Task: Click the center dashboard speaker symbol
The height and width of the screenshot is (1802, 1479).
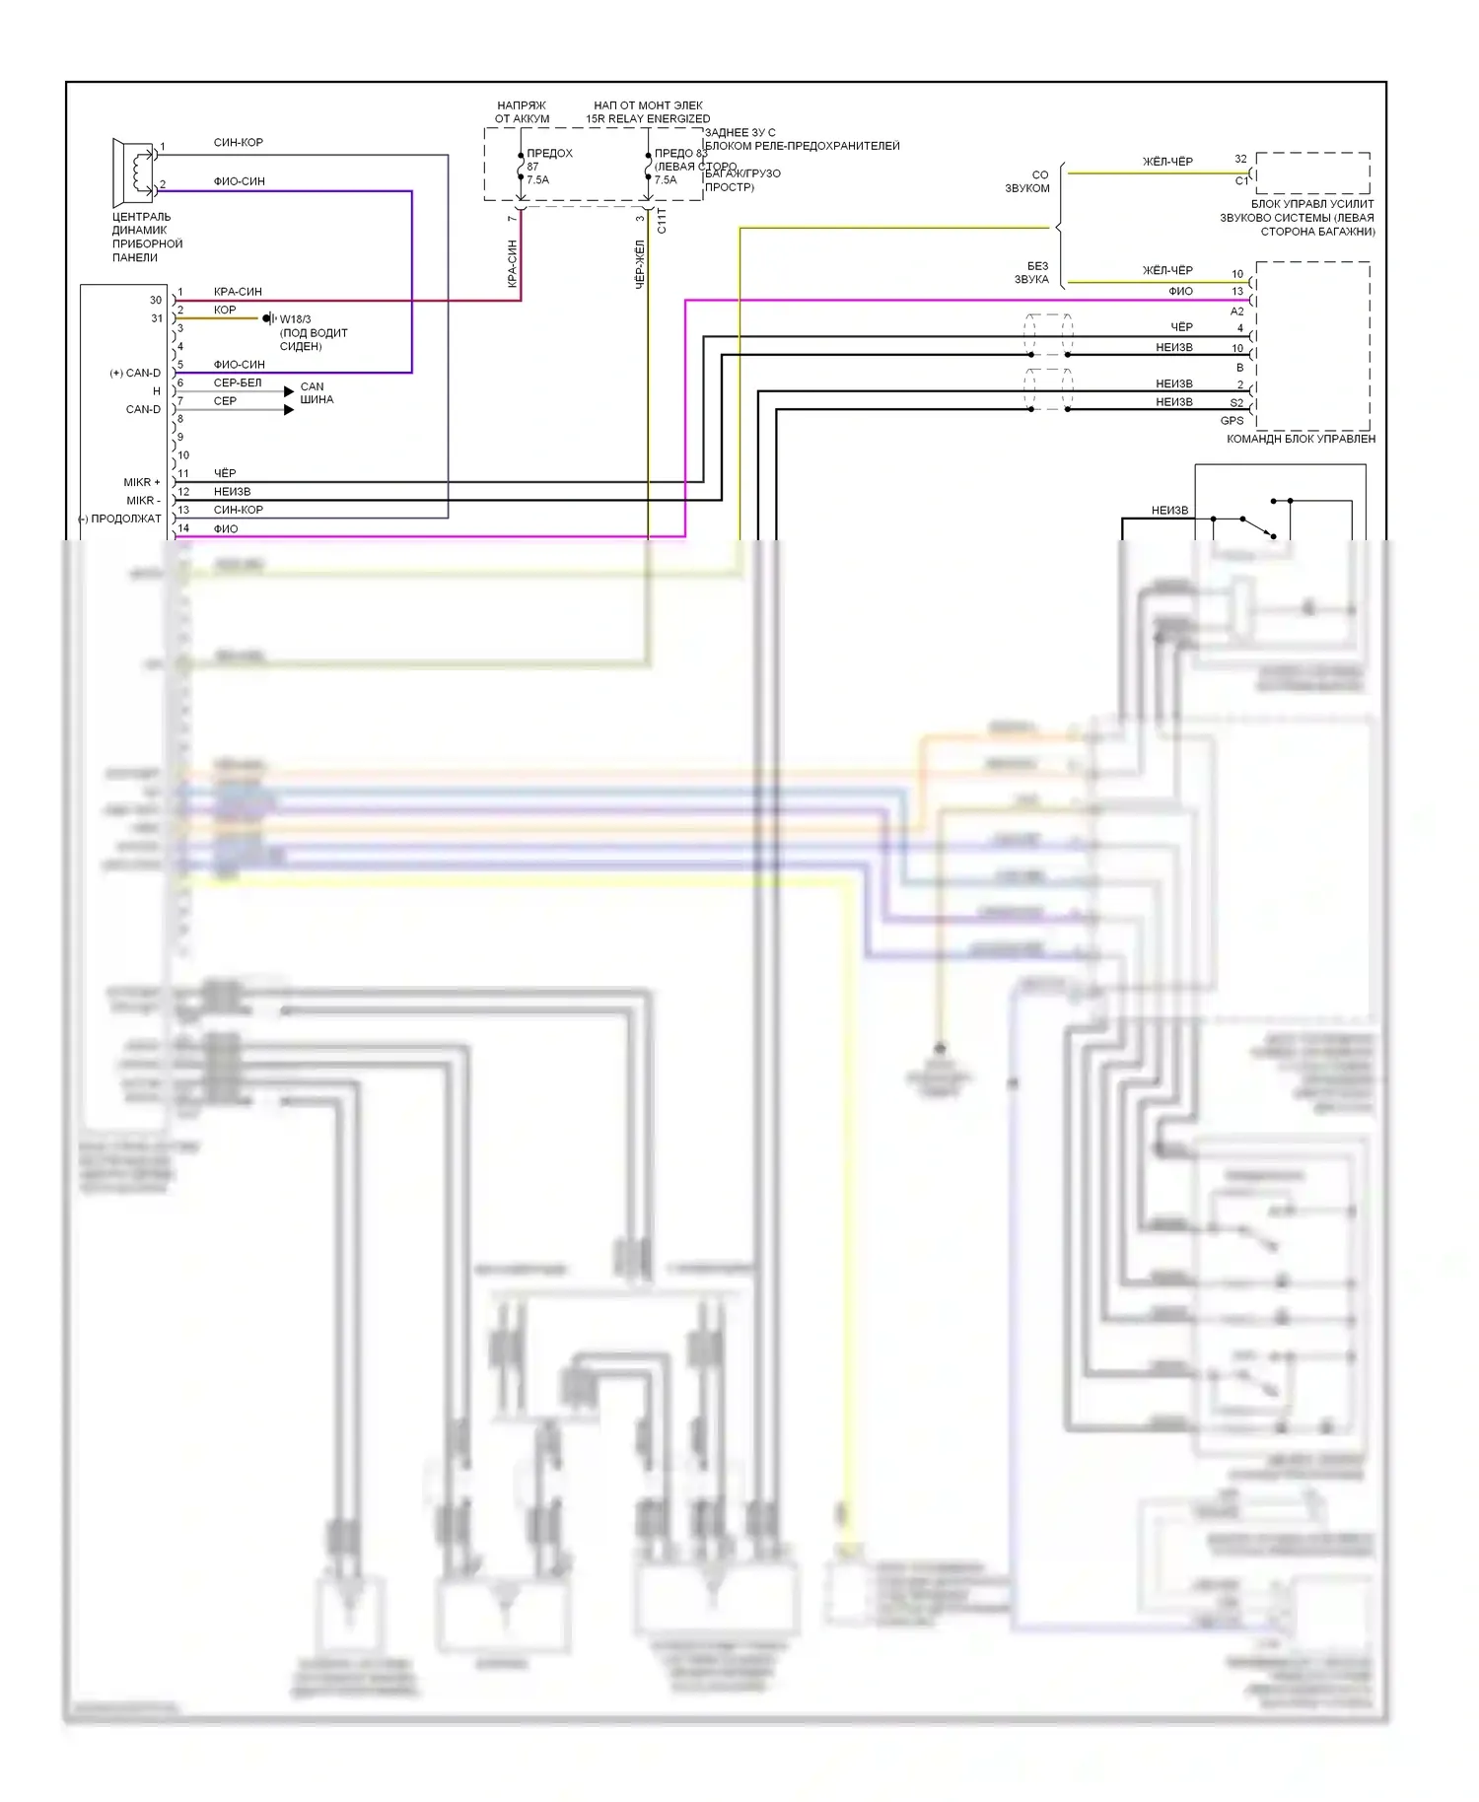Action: click(x=134, y=171)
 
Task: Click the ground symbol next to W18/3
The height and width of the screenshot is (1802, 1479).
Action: click(x=268, y=318)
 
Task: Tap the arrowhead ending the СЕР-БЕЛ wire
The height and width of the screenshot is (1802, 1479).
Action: click(x=289, y=391)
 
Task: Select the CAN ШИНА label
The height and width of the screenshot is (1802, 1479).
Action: click(x=317, y=393)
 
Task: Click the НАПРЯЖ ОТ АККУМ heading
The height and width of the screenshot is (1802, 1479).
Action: click(x=522, y=112)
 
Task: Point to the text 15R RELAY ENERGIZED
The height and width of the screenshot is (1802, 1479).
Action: click(x=648, y=119)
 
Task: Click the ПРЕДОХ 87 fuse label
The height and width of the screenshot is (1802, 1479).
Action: click(x=549, y=160)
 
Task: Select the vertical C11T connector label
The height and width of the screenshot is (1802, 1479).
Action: click(x=662, y=221)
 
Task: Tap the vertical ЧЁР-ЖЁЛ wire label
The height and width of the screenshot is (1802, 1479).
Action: click(x=639, y=263)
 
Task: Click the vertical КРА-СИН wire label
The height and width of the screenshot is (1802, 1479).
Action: click(x=512, y=263)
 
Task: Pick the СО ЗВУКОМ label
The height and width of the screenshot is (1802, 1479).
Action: click(x=1028, y=181)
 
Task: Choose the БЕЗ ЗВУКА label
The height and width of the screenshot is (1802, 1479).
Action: click(x=1032, y=272)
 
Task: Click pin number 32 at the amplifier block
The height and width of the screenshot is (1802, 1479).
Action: click(x=1240, y=159)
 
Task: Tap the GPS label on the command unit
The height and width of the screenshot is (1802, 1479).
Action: click(x=1232, y=421)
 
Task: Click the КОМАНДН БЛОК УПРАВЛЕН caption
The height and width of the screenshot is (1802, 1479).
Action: click(x=1301, y=439)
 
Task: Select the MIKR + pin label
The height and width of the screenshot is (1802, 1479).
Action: click(x=142, y=482)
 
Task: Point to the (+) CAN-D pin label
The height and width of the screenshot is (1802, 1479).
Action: click(x=135, y=373)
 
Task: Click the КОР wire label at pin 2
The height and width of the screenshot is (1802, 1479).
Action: click(x=225, y=310)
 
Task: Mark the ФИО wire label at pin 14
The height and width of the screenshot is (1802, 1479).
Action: click(x=226, y=528)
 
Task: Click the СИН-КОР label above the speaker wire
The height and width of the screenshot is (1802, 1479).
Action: click(x=239, y=142)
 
